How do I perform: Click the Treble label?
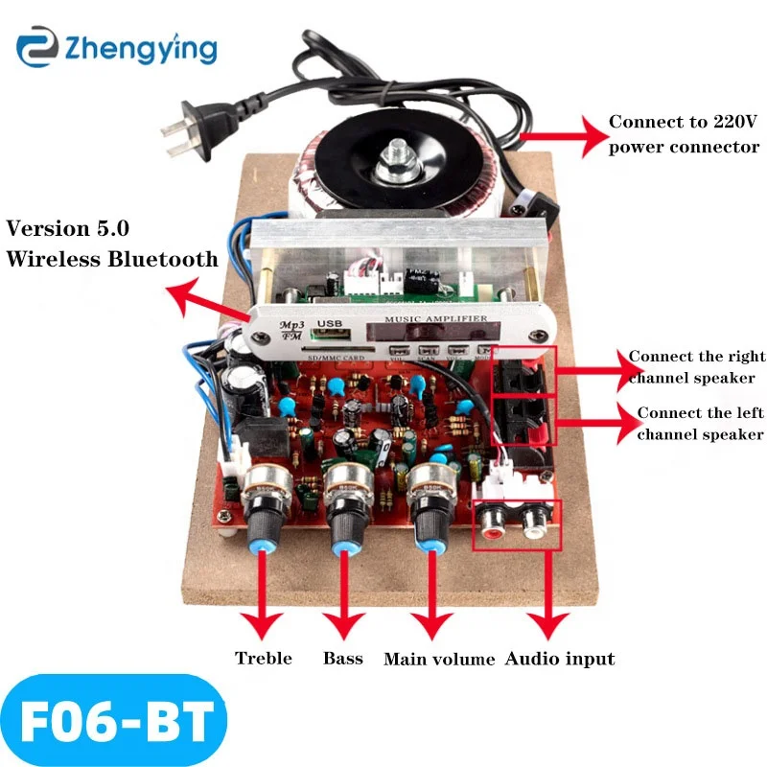[x=264, y=659]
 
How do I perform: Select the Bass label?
[x=343, y=659]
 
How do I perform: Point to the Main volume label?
[x=439, y=660]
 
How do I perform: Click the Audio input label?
[x=560, y=659]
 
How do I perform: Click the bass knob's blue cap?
[x=343, y=546]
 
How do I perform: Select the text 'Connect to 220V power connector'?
[x=684, y=134]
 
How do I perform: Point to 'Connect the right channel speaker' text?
[x=691, y=366]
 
